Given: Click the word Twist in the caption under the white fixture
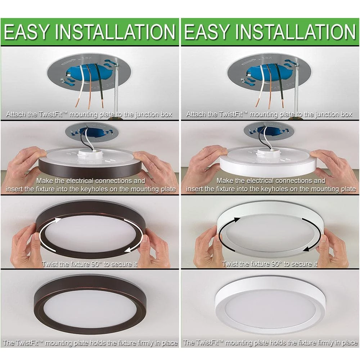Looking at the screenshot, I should pos(230,264).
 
